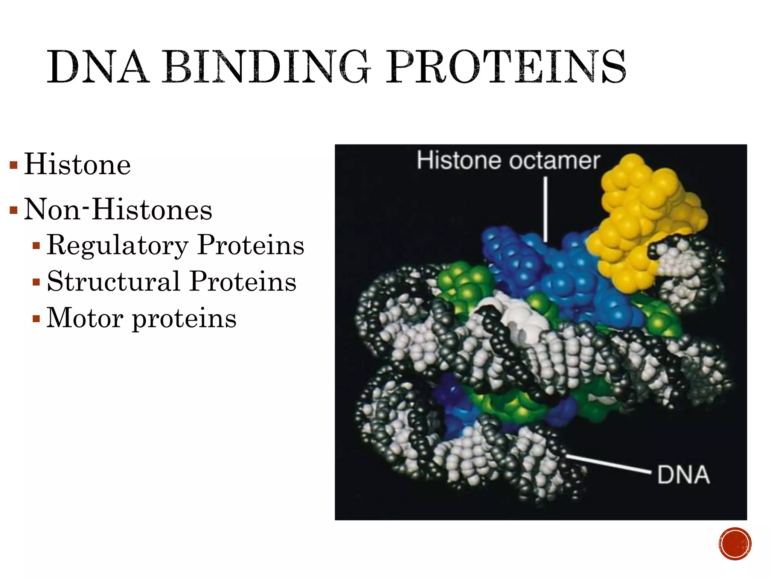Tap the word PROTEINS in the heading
pos(506,67)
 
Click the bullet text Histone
pos(78,164)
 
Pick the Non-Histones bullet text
pos(118,209)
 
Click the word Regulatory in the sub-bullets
pos(117,245)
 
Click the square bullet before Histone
pos(14,165)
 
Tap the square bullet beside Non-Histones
pos(14,210)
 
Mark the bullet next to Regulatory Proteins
pos(36,246)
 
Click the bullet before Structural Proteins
pos(36,282)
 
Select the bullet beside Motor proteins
pos(36,319)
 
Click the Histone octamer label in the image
pos(508,161)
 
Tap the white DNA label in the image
pos(683,475)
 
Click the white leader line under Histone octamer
pos(545,209)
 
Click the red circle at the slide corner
pos(735,544)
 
